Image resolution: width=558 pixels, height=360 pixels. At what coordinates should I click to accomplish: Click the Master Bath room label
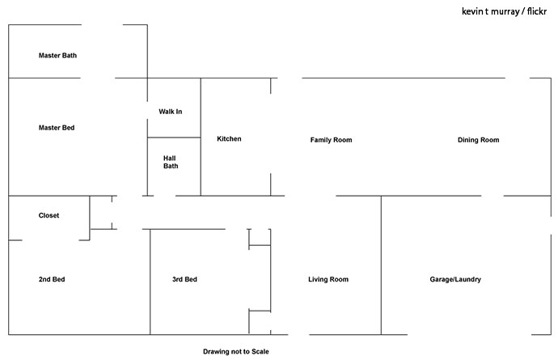(57, 55)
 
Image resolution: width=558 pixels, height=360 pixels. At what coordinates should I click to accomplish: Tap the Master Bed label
(57, 128)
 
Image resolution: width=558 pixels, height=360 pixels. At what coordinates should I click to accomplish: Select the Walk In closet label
(170, 112)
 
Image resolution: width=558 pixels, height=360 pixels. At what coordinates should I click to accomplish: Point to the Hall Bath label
(171, 162)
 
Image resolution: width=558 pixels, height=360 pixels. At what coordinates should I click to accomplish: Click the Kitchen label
(229, 138)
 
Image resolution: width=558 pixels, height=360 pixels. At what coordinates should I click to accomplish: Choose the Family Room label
(331, 140)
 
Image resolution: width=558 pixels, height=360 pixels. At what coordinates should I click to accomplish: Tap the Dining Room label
(478, 140)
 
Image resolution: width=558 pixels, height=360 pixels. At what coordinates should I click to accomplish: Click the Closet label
(49, 215)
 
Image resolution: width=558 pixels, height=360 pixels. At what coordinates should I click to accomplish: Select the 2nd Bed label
(52, 279)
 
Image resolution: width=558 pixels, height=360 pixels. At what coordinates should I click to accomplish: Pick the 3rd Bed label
(184, 279)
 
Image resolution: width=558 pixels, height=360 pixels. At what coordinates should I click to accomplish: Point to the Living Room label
(328, 279)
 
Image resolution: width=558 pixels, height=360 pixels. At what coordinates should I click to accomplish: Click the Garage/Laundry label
(455, 279)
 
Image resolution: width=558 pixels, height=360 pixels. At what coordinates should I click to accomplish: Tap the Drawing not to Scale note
(236, 351)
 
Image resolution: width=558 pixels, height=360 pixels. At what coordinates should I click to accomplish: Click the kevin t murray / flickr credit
(504, 11)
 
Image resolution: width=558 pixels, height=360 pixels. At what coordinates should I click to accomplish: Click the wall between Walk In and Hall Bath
(174, 138)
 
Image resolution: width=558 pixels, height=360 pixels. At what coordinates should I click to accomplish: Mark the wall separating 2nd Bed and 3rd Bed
(150, 282)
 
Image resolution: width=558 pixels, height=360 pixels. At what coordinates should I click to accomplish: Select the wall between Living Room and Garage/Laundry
(381, 265)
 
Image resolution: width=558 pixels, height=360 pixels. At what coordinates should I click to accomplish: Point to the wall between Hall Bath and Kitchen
(201, 167)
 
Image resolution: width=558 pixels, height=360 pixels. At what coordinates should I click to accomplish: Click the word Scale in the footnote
(260, 351)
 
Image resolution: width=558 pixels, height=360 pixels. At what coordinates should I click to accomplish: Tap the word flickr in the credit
(537, 11)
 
